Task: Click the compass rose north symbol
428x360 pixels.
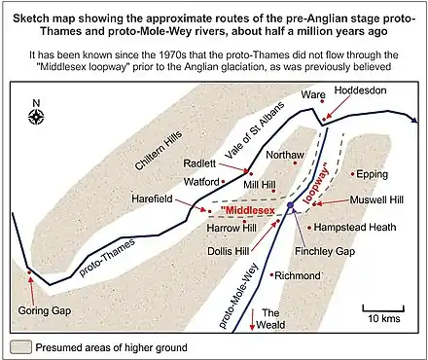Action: (x=36, y=118)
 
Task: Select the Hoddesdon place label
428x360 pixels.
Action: (x=361, y=89)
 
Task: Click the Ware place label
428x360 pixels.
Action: (x=313, y=95)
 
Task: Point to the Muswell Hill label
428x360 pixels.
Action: (x=371, y=199)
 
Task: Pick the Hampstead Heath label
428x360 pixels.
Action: (x=356, y=227)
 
